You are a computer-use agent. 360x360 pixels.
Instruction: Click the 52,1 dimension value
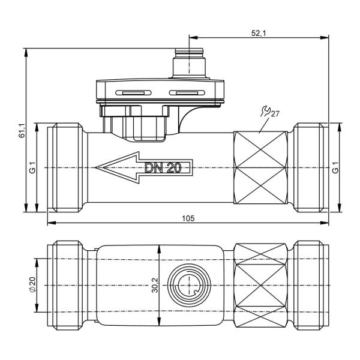pos(258,33)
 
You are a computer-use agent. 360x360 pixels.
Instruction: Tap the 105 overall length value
pos(188,218)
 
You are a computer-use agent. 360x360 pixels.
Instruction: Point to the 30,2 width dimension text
pos(155,286)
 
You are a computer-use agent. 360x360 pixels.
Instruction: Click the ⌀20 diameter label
pos(32,284)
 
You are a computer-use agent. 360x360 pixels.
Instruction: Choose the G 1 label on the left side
pos(33,167)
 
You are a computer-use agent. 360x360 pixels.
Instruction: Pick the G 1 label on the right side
pos(335,167)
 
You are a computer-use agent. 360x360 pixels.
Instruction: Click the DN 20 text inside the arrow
pos(163,168)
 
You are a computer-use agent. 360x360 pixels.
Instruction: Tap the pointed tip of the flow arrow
pos(95,167)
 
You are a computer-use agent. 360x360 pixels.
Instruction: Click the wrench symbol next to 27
pos(266,111)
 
